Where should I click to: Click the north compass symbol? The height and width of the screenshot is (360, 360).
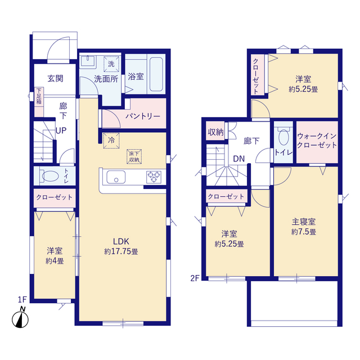click(20, 317)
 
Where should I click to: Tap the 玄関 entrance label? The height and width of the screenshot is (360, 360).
click(55, 79)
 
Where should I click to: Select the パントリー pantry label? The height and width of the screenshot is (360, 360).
click(142, 116)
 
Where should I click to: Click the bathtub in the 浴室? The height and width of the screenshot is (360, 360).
click(156, 74)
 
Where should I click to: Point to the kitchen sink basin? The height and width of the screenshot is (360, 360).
click(116, 177)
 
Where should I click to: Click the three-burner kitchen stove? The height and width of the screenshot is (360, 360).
click(154, 177)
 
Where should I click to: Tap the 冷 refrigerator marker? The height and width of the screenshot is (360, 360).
click(111, 140)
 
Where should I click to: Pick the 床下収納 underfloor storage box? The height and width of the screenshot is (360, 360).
click(134, 156)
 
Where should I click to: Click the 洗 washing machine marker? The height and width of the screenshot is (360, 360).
click(111, 64)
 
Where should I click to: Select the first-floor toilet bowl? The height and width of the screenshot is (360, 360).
click(49, 176)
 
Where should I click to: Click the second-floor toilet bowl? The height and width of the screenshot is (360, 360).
click(283, 137)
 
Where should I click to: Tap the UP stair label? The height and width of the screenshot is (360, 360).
click(61, 130)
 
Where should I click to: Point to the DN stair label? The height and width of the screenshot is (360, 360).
click(238, 159)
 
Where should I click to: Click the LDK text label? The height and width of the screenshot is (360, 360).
click(121, 241)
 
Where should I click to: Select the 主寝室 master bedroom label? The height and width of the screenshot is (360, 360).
click(304, 222)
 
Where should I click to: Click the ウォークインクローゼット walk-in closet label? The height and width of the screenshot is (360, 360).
click(317, 141)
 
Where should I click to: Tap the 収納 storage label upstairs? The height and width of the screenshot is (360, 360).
click(215, 132)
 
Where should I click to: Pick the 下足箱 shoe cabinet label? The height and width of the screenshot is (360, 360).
click(39, 96)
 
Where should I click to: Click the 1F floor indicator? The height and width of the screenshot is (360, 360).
click(22, 299)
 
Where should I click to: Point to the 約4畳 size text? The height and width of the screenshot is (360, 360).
click(55, 261)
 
